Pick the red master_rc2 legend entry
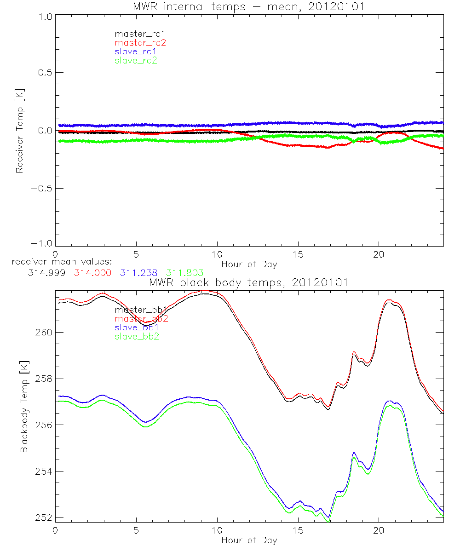pos(140,43)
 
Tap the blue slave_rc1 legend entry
pos(136,52)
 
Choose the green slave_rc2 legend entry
pos(136,60)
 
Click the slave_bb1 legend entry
pos(136,328)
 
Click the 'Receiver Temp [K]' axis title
pos(19,131)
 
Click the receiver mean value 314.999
pos(46,273)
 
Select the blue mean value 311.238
pos(138,273)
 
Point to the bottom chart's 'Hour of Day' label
pos(249,540)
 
